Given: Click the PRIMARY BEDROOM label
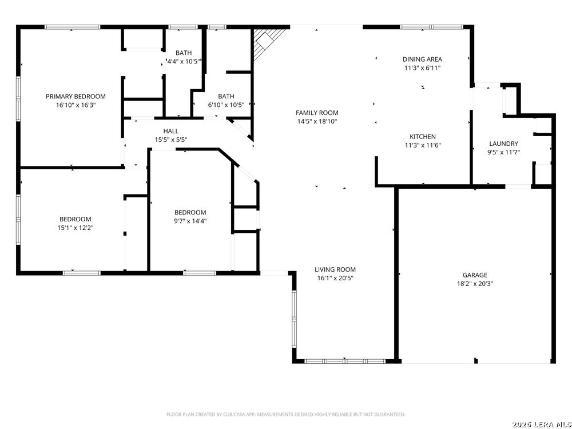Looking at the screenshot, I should [x=76, y=97].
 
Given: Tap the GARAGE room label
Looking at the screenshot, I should [x=475, y=275].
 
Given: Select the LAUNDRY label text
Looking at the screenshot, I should [x=503, y=144].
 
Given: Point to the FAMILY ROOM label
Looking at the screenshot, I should [x=317, y=113].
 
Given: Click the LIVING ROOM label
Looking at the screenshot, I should [x=335, y=269].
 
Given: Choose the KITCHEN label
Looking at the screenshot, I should [x=422, y=137].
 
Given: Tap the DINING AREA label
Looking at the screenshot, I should [x=422, y=59].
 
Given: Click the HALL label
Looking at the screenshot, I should [x=171, y=131].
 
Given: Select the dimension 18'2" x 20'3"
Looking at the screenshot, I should [x=475, y=284].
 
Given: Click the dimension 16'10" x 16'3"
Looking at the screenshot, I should [x=76, y=105].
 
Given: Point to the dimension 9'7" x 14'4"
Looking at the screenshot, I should [x=190, y=221].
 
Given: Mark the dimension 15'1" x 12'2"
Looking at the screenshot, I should [x=76, y=228].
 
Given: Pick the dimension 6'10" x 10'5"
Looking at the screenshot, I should [x=226, y=105].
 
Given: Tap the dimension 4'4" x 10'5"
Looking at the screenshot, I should [x=183, y=61].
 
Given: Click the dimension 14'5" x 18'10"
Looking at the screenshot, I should [x=317, y=121].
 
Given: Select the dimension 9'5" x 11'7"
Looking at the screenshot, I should [x=503, y=152].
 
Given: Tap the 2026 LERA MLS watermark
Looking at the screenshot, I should [x=541, y=424].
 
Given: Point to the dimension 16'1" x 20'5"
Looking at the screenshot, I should [x=335, y=278].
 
